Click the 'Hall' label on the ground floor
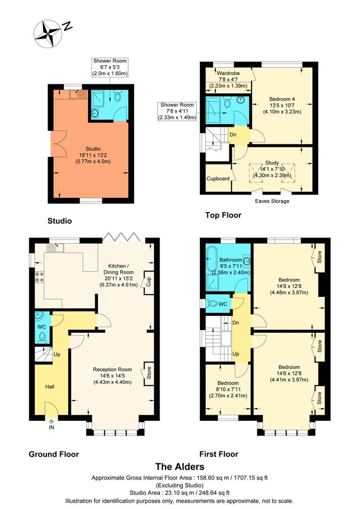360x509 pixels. pyautogui.click(x=49, y=387)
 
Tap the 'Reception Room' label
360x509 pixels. pyautogui.click(x=112, y=369)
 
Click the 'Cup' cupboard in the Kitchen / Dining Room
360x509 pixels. pyautogui.click(x=148, y=283)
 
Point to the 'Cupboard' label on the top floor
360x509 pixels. pyautogui.click(x=218, y=179)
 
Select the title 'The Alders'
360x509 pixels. pyautogui.click(x=180, y=467)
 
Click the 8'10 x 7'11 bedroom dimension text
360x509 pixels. pyautogui.click(x=228, y=389)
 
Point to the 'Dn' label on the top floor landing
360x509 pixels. pyautogui.click(x=233, y=135)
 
